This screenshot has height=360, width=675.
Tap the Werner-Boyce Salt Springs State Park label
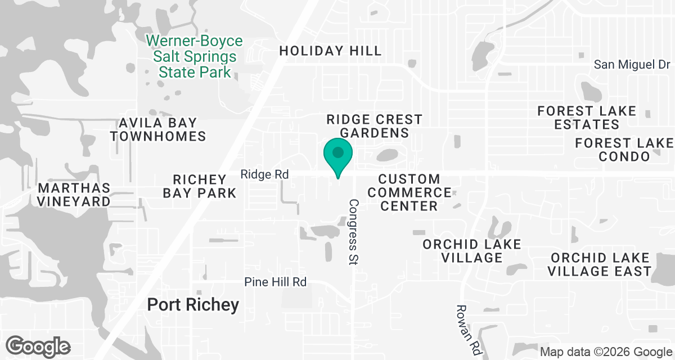pyautogui.click(x=195, y=56)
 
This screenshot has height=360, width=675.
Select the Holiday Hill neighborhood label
pyautogui.click(x=330, y=51)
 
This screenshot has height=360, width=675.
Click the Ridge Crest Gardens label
pyautogui.click(x=375, y=126)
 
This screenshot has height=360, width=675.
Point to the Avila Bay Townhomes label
pyautogui.click(x=157, y=129)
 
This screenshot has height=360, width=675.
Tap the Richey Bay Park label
pyautogui.click(x=199, y=186)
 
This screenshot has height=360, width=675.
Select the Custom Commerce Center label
pyautogui.click(x=409, y=192)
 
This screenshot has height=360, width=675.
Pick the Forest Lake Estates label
pyautogui.click(x=587, y=118)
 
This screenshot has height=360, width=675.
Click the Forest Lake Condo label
pyautogui.click(x=624, y=150)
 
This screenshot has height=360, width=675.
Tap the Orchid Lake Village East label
pyautogui.click(x=601, y=264)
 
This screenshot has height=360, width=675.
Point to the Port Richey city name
pyautogui.click(x=193, y=305)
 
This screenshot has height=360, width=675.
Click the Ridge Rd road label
pyautogui.click(x=264, y=175)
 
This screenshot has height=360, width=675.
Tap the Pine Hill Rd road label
pyautogui.click(x=276, y=282)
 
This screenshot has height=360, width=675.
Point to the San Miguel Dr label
pyautogui.click(x=632, y=65)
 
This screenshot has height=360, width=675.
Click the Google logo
pyautogui.click(x=38, y=346)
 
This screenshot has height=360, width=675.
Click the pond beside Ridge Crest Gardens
pyautogui.click(x=388, y=154)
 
